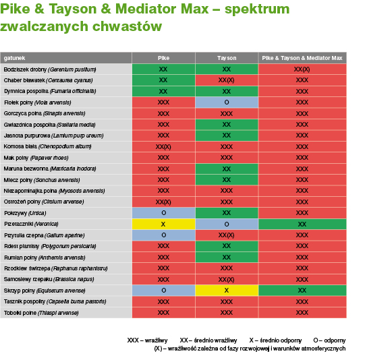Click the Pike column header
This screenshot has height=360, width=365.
(x=163, y=58)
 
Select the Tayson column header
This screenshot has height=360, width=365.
(x=227, y=58)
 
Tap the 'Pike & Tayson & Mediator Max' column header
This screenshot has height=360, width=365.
(x=302, y=58)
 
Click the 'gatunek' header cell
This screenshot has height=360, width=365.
(x=66, y=58)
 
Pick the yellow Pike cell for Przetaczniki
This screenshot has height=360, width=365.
(x=163, y=224)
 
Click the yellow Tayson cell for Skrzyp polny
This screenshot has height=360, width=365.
(x=227, y=291)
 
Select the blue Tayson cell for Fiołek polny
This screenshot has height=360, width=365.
(x=227, y=102)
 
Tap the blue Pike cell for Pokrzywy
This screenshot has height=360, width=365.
(x=163, y=213)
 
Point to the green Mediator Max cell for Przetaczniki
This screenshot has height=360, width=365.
(x=302, y=224)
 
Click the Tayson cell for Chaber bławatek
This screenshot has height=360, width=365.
(x=227, y=80)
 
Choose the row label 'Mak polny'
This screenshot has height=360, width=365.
(x=36, y=158)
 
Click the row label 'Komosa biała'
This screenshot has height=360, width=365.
(x=47, y=146)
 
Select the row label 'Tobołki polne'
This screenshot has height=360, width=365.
(x=41, y=313)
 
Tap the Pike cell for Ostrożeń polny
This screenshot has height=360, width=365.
(x=163, y=202)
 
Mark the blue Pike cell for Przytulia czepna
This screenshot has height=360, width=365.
(x=163, y=235)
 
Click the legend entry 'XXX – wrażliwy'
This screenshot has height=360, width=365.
(x=147, y=340)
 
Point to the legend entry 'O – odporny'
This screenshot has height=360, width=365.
(x=329, y=340)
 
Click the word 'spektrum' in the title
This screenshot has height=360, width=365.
(x=257, y=9)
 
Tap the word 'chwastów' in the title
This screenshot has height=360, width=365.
(x=127, y=26)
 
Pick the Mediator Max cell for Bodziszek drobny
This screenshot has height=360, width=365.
(x=302, y=69)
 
